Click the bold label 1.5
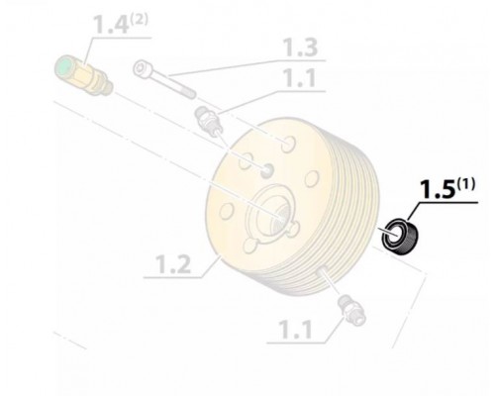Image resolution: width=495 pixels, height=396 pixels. click(437, 190)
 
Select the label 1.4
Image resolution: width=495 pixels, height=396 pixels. click(111, 24)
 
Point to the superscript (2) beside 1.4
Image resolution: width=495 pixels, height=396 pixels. click(139, 20)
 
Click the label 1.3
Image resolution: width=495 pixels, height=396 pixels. click(301, 48)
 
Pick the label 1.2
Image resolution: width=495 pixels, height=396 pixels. click(173, 264)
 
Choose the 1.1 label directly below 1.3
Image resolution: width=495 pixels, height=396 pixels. click(300, 78)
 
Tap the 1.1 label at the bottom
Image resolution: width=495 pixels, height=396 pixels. click(295, 330)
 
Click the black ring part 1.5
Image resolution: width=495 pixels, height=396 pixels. click(400, 237)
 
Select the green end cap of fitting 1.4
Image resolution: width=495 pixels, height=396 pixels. click(63, 68)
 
